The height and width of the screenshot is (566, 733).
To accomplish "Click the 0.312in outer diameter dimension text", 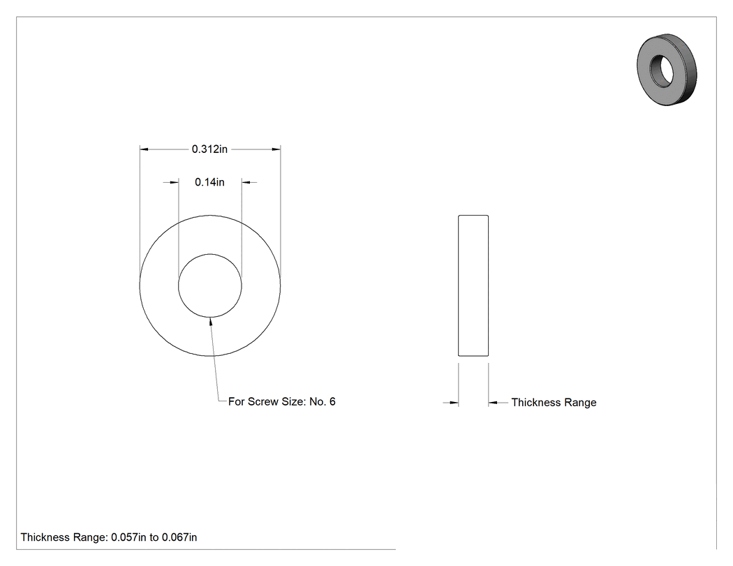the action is pos(209,149).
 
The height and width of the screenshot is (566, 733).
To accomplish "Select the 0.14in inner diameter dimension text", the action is pos(209,182).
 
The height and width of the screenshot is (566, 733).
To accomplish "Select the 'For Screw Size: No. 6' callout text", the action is pos(281,402).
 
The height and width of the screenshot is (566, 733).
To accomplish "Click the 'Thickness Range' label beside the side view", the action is pos(554,403).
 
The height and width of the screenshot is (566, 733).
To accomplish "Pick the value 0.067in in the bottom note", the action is pos(179,537).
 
